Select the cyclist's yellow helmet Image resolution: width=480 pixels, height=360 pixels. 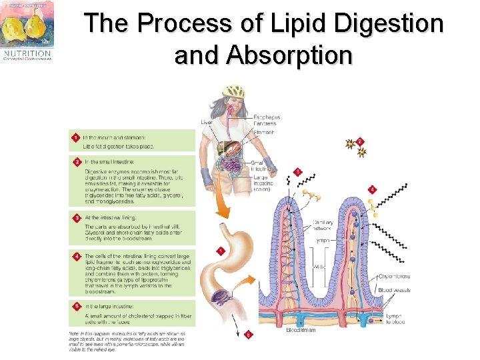(x=233, y=90)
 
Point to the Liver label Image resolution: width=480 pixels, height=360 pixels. (x=207, y=122)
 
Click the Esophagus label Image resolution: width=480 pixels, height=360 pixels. (x=266, y=118)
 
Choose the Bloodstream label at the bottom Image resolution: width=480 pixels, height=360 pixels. (x=301, y=330)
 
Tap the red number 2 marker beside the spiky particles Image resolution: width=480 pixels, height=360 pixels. (x=360, y=141)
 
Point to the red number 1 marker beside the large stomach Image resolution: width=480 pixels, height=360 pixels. (x=220, y=251)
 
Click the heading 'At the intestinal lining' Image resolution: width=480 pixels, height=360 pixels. (x=110, y=217)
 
